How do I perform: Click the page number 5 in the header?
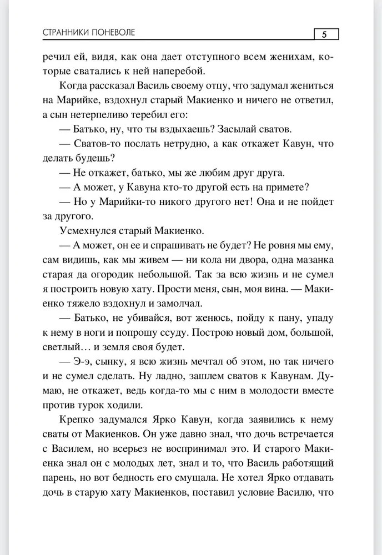[323, 34]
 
